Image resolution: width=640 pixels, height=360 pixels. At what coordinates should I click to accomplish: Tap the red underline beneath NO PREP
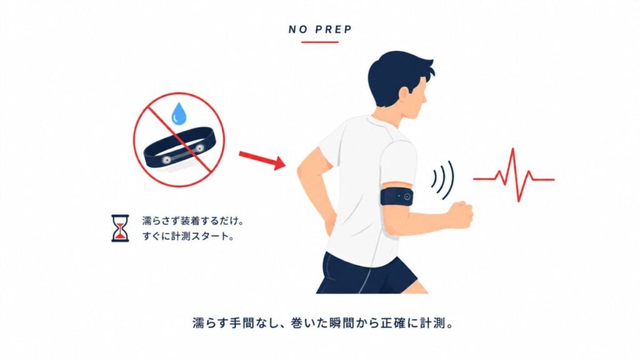tap(320, 42)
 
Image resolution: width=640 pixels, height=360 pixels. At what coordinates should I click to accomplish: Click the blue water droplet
tap(178, 114)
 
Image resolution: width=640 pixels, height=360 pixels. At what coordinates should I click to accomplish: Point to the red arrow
tap(262, 159)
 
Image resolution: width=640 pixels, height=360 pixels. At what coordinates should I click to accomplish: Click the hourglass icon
tap(120, 228)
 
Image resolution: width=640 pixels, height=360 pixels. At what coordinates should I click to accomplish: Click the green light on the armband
tap(399, 196)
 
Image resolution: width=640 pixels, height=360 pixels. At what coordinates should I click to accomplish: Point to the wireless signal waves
tap(443, 180)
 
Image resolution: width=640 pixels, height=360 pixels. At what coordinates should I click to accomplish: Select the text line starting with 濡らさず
tap(193, 221)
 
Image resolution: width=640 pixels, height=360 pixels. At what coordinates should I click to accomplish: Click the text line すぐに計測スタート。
tap(188, 236)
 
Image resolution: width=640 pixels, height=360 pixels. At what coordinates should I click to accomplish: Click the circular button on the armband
tap(407, 197)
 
